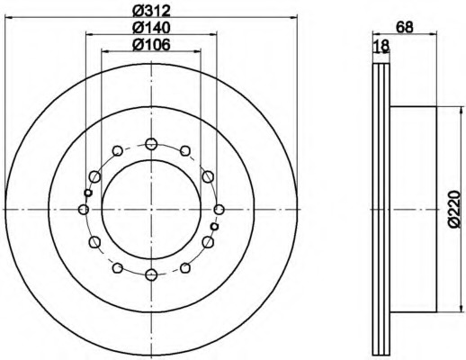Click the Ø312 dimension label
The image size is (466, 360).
tap(151, 11)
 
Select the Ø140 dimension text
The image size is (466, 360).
tap(151, 28)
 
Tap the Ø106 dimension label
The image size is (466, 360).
tap(151, 45)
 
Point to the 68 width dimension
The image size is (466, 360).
tap(405, 27)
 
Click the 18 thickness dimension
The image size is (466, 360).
tap(381, 46)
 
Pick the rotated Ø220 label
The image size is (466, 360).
tap(454, 209)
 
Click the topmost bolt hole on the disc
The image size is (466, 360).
tap(151, 144)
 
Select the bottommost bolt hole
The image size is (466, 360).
tap(151, 274)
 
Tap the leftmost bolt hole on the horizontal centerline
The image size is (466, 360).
tap(84, 209)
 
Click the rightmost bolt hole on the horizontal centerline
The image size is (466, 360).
tap(220, 209)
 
